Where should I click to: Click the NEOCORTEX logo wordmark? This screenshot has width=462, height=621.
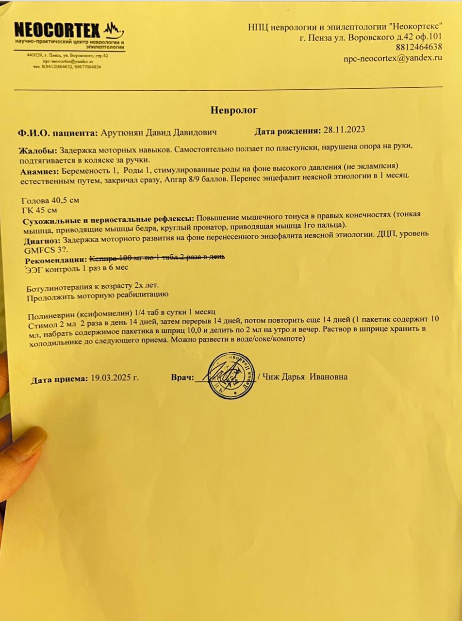(57, 30)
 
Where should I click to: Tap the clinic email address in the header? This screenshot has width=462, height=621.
(393, 57)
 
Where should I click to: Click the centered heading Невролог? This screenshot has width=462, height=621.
(234, 110)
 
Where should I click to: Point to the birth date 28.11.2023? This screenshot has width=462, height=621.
(344, 130)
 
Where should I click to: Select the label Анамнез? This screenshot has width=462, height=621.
(39, 172)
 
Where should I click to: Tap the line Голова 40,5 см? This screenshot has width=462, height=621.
(50, 200)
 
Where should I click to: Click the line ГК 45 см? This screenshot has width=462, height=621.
(40, 210)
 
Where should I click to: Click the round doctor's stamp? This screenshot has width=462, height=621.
(231, 375)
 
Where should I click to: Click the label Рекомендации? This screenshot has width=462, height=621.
(56, 260)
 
